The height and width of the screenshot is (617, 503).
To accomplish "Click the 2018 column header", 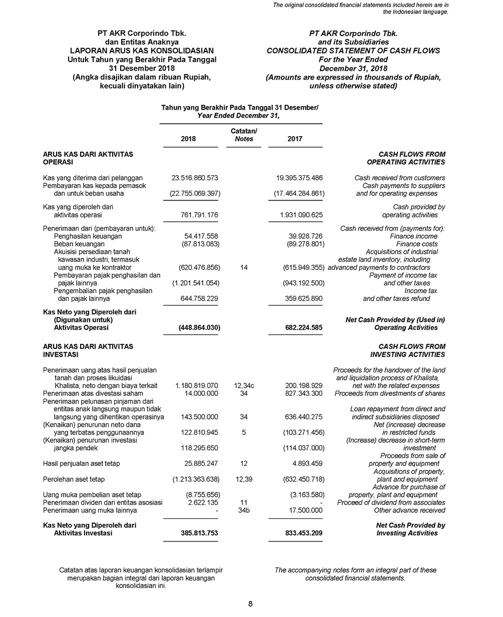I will coord(188,139).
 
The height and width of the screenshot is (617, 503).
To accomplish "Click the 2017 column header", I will coord(295,139).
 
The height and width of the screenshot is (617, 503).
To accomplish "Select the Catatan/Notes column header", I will coord(244,135).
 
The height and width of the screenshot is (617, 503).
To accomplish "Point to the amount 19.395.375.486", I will coord(299,178).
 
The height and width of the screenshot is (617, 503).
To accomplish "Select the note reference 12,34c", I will coord(244,386).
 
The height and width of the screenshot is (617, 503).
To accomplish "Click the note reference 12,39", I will coord(244,479).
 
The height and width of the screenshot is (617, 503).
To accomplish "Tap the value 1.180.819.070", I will coord(196,386).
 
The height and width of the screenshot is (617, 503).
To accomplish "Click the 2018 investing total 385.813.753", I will coord(199,533).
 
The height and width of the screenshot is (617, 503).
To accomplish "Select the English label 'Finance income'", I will coord(413,236).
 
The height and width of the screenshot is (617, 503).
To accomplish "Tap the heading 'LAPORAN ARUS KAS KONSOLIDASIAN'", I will coord(142,51).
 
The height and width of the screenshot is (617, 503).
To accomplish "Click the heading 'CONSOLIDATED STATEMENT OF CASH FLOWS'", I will coord(353,51).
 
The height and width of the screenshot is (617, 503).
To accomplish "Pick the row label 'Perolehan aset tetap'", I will coord(74,479).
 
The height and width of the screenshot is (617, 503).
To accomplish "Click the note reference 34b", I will coord(244,510).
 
